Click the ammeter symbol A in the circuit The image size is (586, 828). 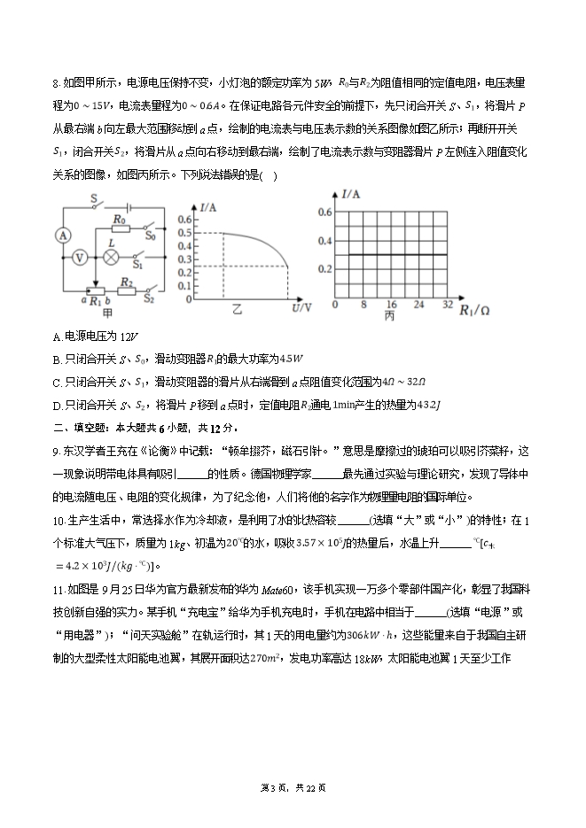62,235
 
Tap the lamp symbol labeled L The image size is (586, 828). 112,257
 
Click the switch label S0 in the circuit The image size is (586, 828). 150,236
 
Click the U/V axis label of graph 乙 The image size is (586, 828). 301,307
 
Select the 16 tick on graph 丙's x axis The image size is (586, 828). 391,304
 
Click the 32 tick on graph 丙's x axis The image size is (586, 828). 447,304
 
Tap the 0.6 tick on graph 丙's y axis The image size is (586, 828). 324,213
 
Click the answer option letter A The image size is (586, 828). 58,337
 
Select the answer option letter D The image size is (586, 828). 58,405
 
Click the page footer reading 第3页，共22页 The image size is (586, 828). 293,789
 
